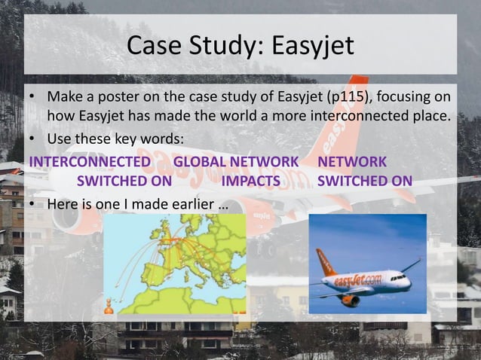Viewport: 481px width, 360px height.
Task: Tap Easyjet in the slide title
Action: pyautogui.click(x=311, y=46)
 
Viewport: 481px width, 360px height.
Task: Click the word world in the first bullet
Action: pyautogui.click(x=226, y=117)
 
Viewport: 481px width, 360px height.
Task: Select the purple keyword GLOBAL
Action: pyautogui.click(x=200, y=161)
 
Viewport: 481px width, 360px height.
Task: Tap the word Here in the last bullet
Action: pyautogui.click(x=63, y=203)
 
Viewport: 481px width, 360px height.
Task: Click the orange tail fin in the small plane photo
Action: pyautogui.click(x=326, y=261)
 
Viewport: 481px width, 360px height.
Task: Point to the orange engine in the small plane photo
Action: pyautogui.click(x=350, y=300)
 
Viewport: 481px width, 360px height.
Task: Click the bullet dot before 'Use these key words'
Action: pyautogui.click(x=32, y=140)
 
